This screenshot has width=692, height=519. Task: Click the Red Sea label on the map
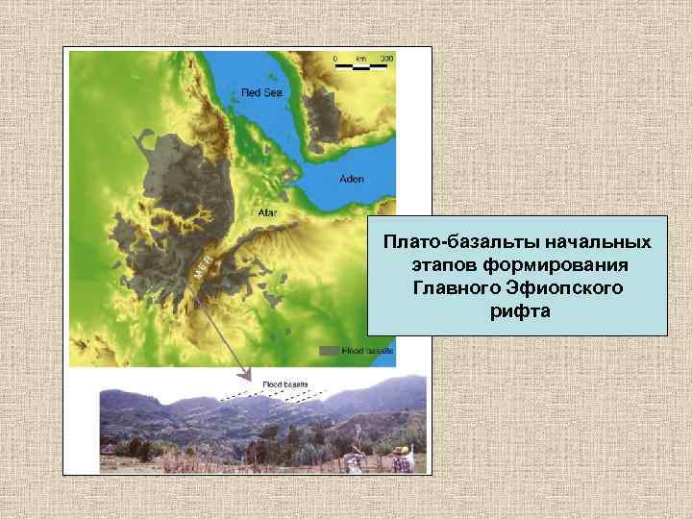[x=255, y=93]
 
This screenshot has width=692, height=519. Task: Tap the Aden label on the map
[x=353, y=180]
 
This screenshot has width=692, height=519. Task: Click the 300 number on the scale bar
[x=386, y=59]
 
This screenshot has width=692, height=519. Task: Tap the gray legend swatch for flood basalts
[x=329, y=352]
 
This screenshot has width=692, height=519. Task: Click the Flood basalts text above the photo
[x=286, y=383]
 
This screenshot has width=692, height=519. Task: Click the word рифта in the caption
[x=517, y=311]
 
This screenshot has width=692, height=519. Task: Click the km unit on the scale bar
[x=361, y=59]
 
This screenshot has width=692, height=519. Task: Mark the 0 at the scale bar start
[x=335, y=59]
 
